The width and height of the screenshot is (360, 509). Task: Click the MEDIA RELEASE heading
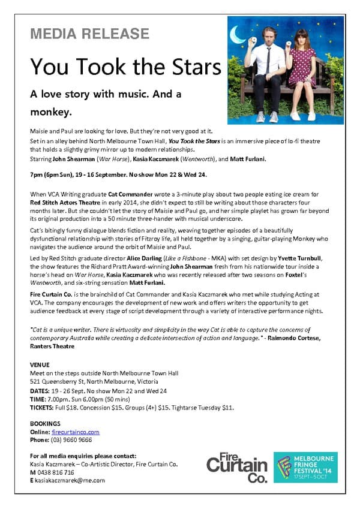pyautogui.click(x=89, y=33)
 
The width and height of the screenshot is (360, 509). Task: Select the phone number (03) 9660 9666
pyautogui.click(x=71, y=439)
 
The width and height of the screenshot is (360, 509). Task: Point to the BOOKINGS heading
pyautogui.click(x=46, y=423)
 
